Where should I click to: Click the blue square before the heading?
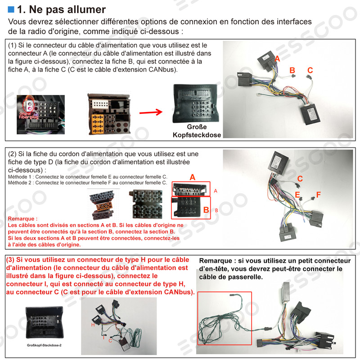point(11,9)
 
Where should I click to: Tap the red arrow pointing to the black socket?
point(151,112)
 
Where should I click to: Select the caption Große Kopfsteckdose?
point(197,131)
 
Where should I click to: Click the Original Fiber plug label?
point(28,115)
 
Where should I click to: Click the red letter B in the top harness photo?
point(292,70)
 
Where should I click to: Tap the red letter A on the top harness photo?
point(277,59)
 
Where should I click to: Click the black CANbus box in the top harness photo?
point(310,114)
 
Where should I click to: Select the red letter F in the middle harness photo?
point(318,195)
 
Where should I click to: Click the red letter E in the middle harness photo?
point(297,195)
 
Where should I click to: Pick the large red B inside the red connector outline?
point(206,210)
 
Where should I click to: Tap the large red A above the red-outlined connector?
point(193,177)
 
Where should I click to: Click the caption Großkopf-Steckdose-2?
point(44,345)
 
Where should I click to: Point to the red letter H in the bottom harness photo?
point(93,325)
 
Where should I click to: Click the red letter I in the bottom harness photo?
point(103,337)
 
